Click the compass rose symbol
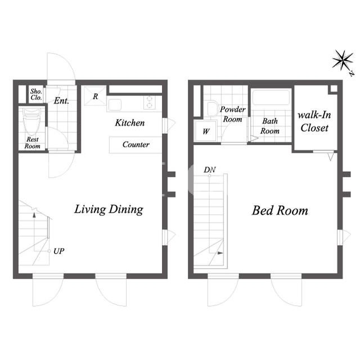343,61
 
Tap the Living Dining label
109,209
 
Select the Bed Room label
280,210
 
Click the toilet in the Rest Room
32,121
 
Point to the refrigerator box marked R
95,96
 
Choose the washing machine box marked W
206,131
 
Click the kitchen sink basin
115,105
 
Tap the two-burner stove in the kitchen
150,102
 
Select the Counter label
136,145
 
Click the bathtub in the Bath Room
271,97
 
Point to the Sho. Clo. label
36,94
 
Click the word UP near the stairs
58,251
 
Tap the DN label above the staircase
210,170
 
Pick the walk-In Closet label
314,121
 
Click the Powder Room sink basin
212,109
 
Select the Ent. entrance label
61,101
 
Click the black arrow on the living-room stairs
34,215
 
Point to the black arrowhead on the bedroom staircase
220,253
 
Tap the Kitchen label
130,123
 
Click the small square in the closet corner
334,89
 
